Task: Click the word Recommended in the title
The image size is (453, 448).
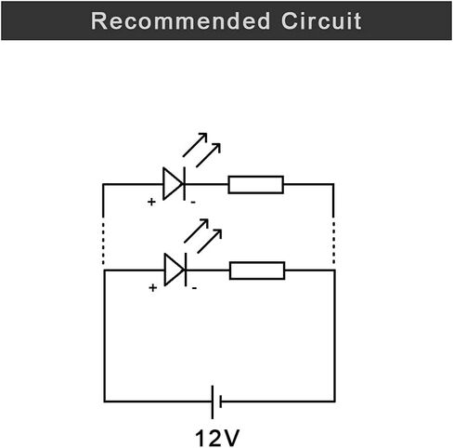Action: coord(180,21)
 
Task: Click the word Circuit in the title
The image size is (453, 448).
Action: coord(321,21)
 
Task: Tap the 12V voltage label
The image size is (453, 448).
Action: coord(217,438)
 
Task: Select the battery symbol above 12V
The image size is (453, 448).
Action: coord(216,402)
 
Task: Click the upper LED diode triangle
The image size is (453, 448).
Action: coord(173,184)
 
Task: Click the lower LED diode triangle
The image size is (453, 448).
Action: coord(174,270)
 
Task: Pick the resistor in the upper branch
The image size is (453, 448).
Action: coord(256,185)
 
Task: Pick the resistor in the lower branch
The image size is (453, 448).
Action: coord(257,270)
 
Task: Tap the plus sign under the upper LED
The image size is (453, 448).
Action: coord(151,202)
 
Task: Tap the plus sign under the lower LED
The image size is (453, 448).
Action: coord(152,288)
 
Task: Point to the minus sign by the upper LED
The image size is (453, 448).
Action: coord(193,203)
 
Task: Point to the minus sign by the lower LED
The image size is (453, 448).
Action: coord(194,288)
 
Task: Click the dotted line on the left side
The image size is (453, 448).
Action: coord(103,243)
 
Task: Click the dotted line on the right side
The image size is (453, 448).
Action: coord(333,243)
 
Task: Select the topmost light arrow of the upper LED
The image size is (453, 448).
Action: coord(195,145)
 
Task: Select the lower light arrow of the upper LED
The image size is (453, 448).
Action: coord(208,155)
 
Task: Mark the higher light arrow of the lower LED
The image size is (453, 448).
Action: coord(196,231)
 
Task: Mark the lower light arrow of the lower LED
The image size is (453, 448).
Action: coord(210,242)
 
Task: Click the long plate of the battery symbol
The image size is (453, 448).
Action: coord(213,402)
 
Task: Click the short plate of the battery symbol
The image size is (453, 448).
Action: coord(220,402)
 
